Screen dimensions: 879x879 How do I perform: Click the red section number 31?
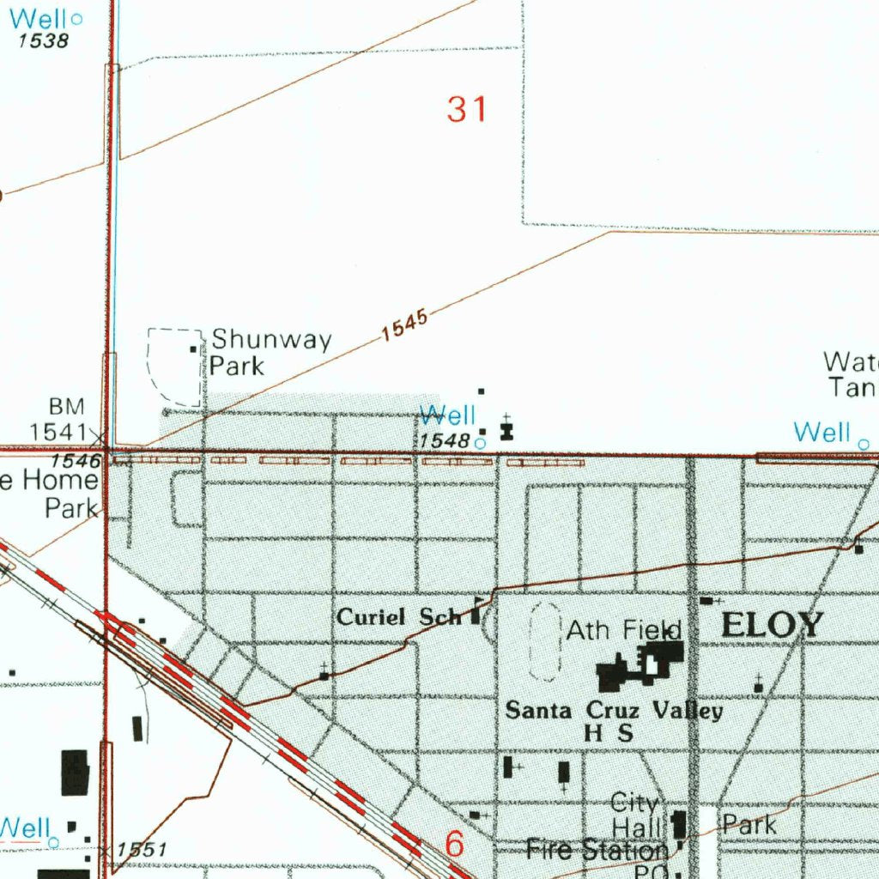[x=467, y=110]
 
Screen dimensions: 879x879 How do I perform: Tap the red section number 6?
[x=455, y=845]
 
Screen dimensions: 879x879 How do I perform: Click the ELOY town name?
[x=772, y=625]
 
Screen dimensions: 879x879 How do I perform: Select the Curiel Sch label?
[x=398, y=617]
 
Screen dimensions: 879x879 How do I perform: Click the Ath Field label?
[x=623, y=631]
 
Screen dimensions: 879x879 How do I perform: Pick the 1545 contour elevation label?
[x=404, y=325]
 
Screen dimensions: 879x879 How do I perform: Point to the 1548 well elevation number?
[x=445, y=440]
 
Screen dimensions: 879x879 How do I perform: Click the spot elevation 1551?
[x=142, y=850]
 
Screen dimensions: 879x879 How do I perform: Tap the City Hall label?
[x=635, y=815]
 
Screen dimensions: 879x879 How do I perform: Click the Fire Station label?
[x=597, y=851]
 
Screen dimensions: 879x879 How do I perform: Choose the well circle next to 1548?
[x=480, y=443]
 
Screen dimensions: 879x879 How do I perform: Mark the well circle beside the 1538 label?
[x=77, y=18]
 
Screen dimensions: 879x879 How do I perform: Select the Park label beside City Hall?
[x=749, y=826]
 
